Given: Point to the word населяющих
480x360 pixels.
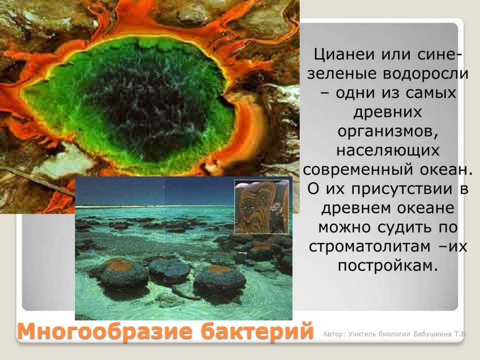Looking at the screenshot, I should [x=388, y=151].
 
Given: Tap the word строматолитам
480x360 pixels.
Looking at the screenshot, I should [x=370, y=247].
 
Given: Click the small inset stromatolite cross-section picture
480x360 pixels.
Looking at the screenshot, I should [x=262, y=206].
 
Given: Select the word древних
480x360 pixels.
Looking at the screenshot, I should [x=388, y=112].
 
